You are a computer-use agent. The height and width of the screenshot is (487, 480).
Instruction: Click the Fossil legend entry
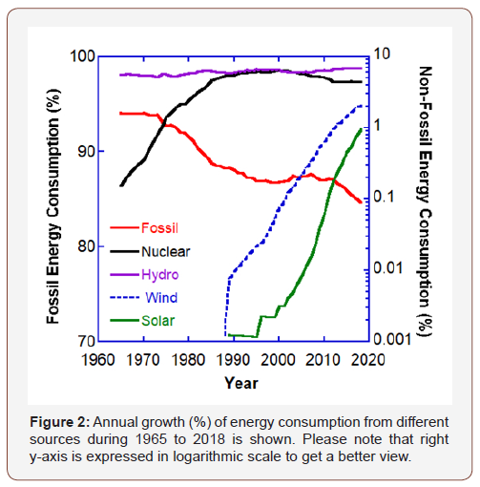coord(159,227)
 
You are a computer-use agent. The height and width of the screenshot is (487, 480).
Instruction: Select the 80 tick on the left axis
coord(82,246)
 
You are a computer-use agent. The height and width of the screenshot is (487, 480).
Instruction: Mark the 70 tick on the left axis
coord(82,341)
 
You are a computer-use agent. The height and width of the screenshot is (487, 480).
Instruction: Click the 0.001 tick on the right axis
coord(394,339)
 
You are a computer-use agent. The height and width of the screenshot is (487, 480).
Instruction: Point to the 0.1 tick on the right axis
coord(386,197)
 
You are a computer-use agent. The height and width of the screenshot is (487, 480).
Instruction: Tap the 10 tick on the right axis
coord(384,55)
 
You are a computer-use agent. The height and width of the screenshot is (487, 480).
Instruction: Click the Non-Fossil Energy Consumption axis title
coord(427,198)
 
